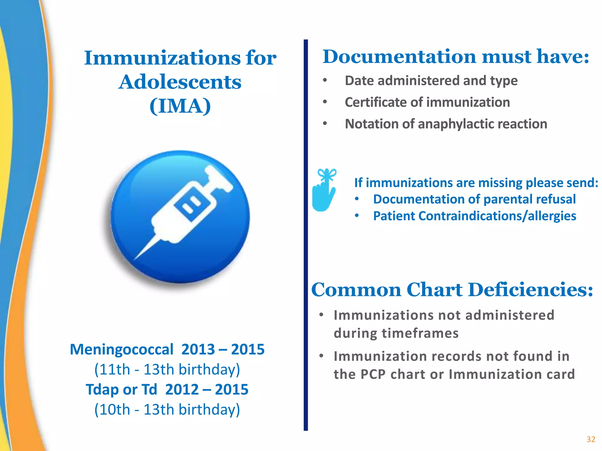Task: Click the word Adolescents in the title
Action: pos(180,82)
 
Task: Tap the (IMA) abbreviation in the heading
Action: pos(180,106)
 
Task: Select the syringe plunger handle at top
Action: pos(219,178)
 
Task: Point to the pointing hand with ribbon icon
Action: pos(324,190)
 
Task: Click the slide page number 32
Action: pos(591,439)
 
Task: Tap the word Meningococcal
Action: pos(121,349)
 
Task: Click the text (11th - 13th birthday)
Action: pos(167,369)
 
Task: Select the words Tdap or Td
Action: pos(121,390)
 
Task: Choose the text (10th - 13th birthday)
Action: pos(167,410)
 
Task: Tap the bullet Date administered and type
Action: pos(431,81)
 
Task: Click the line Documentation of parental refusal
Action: pos(474,199)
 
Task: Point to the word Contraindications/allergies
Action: pos(497,216)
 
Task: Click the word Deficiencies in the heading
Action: pos(531,290)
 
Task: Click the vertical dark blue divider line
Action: pos(306,235)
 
